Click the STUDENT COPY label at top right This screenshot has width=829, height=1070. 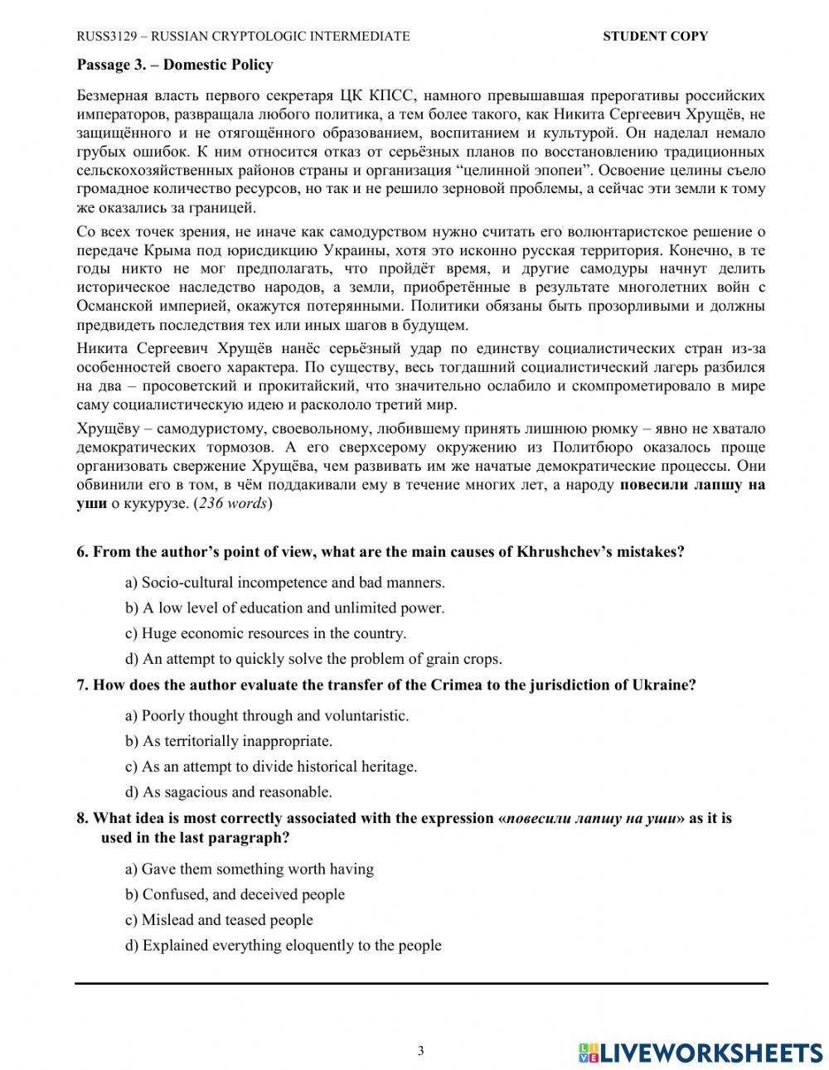click(655, 36)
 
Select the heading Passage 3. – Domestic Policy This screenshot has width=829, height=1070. click(175, 65)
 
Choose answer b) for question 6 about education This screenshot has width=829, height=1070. click(284, 608)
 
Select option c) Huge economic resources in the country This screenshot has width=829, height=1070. click(265, 634)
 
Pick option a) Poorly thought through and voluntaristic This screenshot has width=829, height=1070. click(266, 715)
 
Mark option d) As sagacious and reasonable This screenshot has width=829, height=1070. click(228, 792)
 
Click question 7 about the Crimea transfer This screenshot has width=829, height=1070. click(385, 685)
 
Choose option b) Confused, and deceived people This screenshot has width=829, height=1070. click(235, 895)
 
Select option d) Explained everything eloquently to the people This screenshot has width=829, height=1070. click(283, 946)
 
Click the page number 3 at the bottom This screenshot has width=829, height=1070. click(420, 1052)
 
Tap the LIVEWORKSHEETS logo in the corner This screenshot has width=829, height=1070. click(701, 1053)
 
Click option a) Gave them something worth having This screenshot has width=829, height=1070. click(249, 869)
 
